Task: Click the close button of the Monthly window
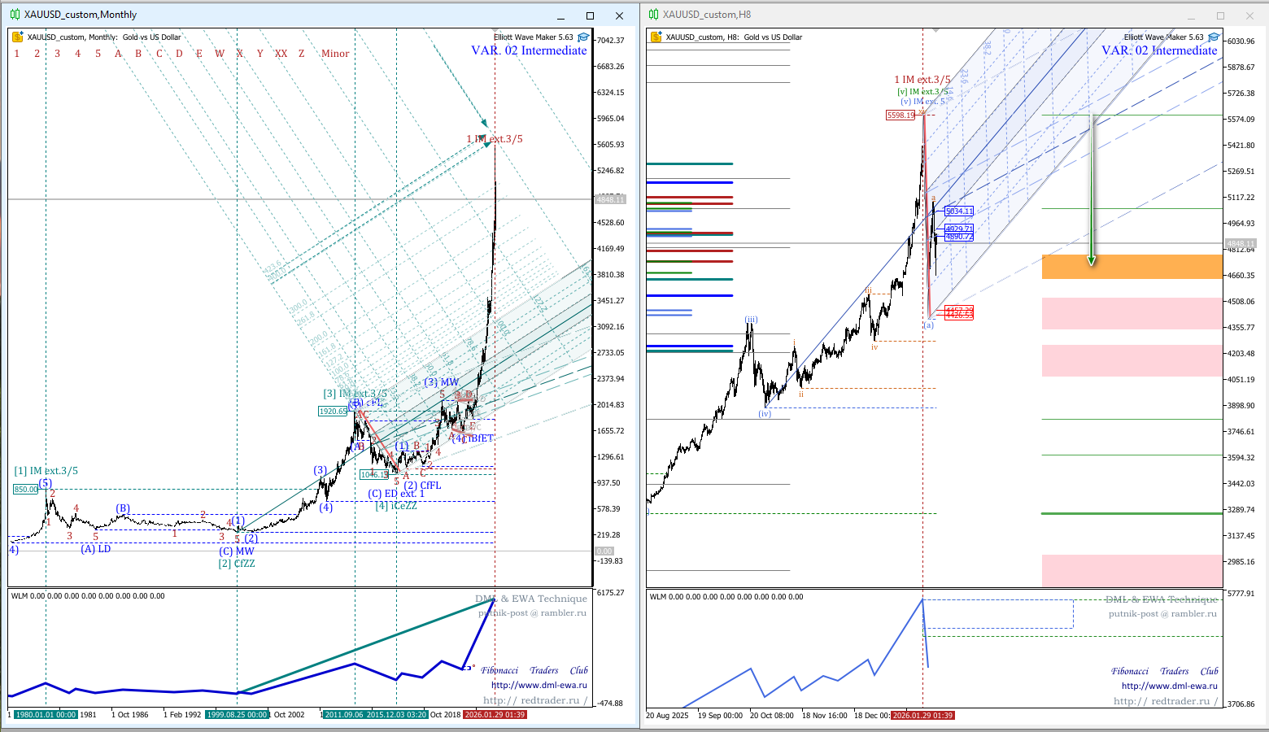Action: tap(619, 15)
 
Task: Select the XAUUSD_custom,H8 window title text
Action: tap(706, 15)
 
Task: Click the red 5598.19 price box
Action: tap(901, 115)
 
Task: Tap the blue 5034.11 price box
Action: tap(959, 211)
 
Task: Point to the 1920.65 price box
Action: tap(333, 412)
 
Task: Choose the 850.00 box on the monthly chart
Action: tap(25, 490)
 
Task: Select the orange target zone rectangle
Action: tap(1132, 267)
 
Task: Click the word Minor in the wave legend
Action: tap(335, 54)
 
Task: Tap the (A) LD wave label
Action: tap(96, 549)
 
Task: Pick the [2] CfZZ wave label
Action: tap(236, 564)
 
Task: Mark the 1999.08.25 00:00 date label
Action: tap(237, 715)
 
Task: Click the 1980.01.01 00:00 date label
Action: tap(46, 715)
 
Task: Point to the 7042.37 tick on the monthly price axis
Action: tap(610, 41)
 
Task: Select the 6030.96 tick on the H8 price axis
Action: tap(1241, 41)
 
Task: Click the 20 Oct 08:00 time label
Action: tap(771, 716)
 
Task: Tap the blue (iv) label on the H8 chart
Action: tap(765, 414)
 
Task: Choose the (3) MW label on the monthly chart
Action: tap(442, 382)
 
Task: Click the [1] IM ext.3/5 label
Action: tap(46, 471)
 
